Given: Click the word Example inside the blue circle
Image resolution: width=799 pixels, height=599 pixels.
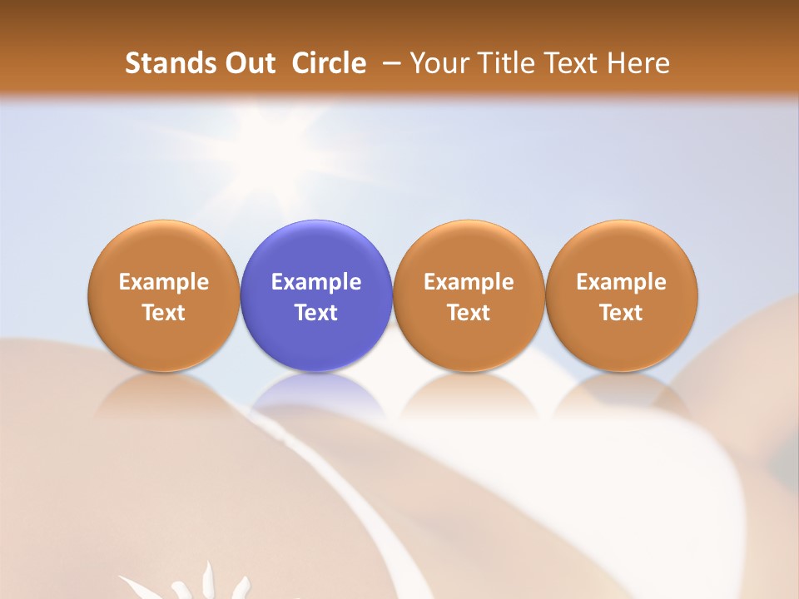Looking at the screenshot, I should (316, 282).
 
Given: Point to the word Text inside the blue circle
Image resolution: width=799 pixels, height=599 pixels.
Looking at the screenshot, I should (316, 313).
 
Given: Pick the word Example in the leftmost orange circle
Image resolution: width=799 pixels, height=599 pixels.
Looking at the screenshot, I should (163, 282).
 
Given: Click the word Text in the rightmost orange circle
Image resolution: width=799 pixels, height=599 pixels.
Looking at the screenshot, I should (621, 313).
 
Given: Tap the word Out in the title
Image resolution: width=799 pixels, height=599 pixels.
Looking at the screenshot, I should (250, 63).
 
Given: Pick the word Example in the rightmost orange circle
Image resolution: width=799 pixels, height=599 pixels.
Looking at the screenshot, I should (621, 282).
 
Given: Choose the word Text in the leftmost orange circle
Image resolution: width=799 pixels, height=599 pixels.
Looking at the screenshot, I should (163, 313).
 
